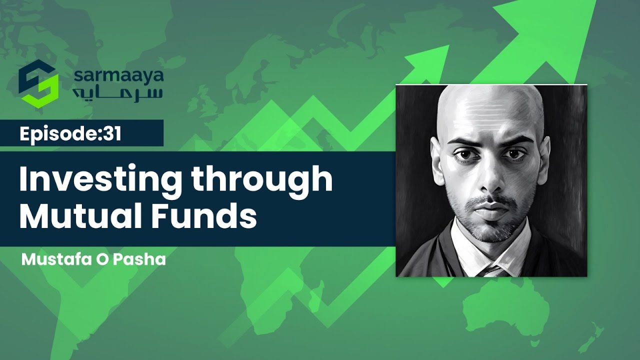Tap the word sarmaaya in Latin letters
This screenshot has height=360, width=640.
(118, 76)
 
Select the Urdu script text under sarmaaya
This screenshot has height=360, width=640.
(118, 93)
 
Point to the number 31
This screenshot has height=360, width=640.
(113, 134)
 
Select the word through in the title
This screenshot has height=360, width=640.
(263, 180)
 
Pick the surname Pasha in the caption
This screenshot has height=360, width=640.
(145, 260)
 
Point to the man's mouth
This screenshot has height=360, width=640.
(487, 206)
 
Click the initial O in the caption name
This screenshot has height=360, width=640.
(108, 260)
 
